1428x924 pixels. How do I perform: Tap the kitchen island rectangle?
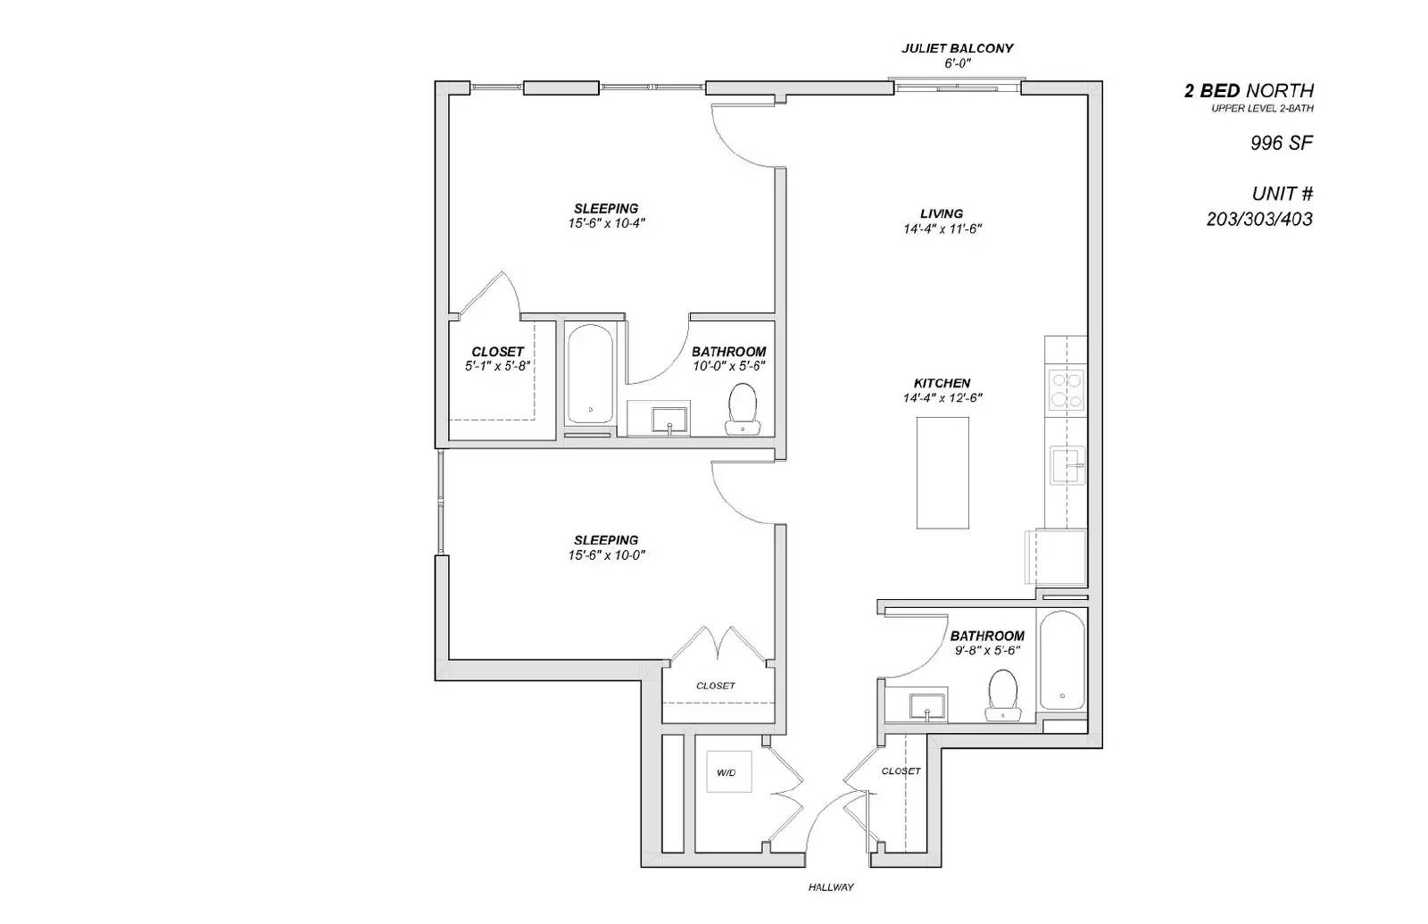[x=942, y=472]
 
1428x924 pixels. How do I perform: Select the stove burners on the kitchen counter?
[x=1066, y=389]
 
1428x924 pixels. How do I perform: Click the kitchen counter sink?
[x=1067, y=465]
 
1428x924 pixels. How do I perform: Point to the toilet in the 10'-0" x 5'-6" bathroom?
[x=742, y=408]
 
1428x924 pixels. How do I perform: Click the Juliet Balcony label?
[x=957, y=49]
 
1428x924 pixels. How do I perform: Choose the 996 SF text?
[x=1281, y=143]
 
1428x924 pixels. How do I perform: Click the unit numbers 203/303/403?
[x=1259, y=220]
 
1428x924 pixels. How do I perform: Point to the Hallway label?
[x=831, y=887]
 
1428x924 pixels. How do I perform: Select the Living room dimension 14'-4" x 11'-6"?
[x=942, y=229]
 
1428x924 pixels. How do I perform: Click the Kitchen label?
[x=942, y=383]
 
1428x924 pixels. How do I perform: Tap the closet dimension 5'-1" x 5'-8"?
[x=497, y=366]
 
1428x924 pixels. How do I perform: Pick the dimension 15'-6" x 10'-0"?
[x=606, y=555]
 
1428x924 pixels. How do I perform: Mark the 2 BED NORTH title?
[x=1249, y=90]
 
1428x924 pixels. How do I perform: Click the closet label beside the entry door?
[x=901, y=771]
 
